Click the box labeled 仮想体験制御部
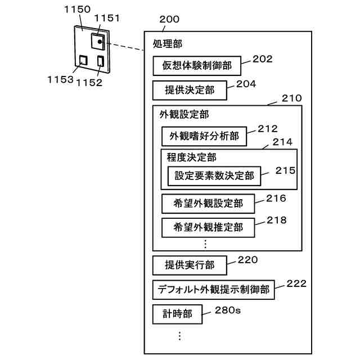click(197, 66)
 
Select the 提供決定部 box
click(190, 90)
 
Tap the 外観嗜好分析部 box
click(204, 136)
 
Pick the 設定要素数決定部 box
click(214, 176)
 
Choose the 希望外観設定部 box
click(208, 204)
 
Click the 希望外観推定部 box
click(208, 227)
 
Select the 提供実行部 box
click(190, 265)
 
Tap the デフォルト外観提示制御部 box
click(214, 290)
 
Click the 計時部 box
click(178, 314)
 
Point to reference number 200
click(169, 19)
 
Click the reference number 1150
click(77, 10)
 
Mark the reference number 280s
click(228, 310)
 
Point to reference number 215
click(285, 170)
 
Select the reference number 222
click(296, 283)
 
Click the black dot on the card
click(100, 42)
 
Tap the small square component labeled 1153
click(83, 60)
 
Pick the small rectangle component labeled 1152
click(101, 61)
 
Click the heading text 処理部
click(168, 44)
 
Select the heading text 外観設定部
click(184, 114)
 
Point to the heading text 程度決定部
click(191, 157)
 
